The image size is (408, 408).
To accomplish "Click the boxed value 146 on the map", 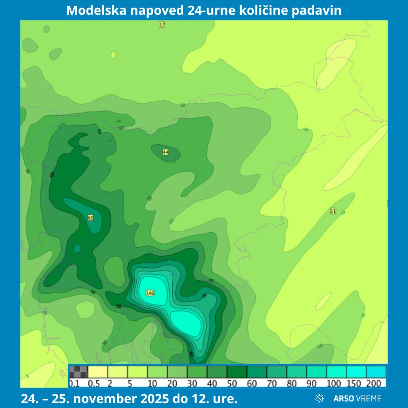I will click(150, 293).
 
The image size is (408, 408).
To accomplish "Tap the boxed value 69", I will click(91, 218).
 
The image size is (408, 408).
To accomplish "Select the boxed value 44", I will click(165, 152).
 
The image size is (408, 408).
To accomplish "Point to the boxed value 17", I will click(162, 25).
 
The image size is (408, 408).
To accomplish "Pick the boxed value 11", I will click(333, 211).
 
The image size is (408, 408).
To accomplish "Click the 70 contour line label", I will click(205, 296).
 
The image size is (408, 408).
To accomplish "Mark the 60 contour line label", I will click(192, 354).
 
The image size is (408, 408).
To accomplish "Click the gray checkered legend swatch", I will click(78, 372).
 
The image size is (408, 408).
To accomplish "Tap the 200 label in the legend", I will click(374, 384).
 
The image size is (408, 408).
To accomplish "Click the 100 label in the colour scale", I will click(334, 384).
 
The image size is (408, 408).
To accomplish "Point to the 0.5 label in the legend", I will click(94, 384).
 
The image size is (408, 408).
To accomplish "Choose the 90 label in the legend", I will click(312, 384).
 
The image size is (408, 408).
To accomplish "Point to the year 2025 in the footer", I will click(149, 399).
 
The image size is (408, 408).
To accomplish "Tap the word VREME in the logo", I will click(369, 398).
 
